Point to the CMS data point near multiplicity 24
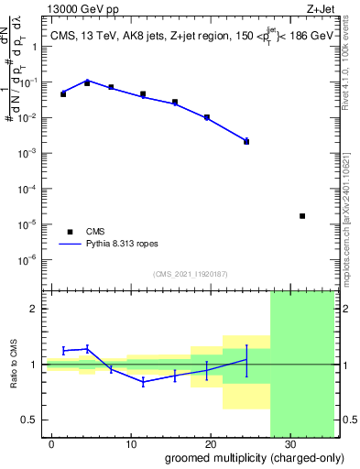click(x=246, y=141)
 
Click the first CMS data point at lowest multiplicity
click(x=63, y=94)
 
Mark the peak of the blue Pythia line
click(x=87, y=81)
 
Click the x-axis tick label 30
click(x=290, y=443)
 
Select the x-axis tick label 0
click(x=52, y=443)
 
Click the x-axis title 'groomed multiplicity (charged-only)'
click(x=249, y=457)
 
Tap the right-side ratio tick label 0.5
click(x=347, y=420)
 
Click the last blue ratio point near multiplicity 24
click(x=246, y=359)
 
